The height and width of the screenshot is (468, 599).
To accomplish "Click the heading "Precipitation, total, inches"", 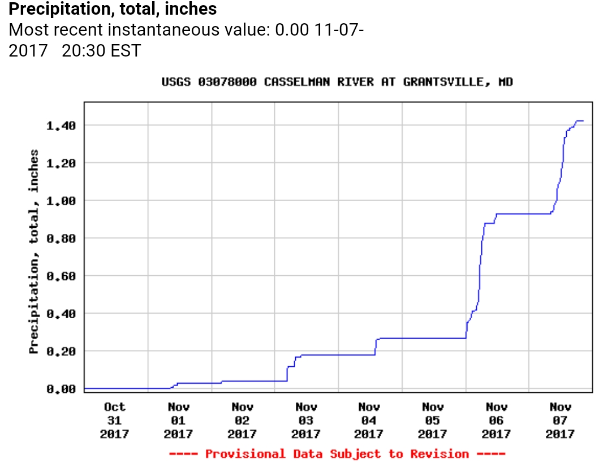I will point(113,9).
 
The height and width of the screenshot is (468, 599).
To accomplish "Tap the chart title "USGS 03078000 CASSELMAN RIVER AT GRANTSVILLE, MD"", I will point(337,82).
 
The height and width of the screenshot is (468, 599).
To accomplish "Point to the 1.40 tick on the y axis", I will point(61,125).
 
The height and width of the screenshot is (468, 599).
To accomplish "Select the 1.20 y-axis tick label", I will point(61,163).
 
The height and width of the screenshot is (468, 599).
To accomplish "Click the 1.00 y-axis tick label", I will point(61,201).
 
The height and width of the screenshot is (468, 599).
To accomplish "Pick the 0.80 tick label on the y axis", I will point(61,239).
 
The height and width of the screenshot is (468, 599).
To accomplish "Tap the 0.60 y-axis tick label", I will point(61,276).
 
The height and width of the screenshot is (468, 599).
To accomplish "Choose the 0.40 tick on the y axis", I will point(61,314).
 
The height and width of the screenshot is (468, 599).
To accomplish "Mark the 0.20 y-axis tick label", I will point(61,352).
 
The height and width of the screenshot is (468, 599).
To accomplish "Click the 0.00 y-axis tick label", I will point(61,389).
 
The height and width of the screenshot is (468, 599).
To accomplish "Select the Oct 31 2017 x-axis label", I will point(115,421).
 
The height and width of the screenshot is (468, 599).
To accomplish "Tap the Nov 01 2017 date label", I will point(179,421).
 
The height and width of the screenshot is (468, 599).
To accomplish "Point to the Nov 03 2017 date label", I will point(306,421).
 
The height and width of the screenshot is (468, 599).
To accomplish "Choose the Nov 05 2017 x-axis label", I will point(433,421).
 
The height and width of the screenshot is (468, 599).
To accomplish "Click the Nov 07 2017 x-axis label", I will point(561,421).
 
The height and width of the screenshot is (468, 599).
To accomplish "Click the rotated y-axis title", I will point(35,252).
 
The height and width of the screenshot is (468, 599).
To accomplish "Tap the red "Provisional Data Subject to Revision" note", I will point(337,454).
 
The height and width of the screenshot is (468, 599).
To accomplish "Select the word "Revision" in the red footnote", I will point(439,454).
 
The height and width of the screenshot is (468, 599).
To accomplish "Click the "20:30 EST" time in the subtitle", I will point(101,51).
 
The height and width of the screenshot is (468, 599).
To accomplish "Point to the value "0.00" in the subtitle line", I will point(291,30).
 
